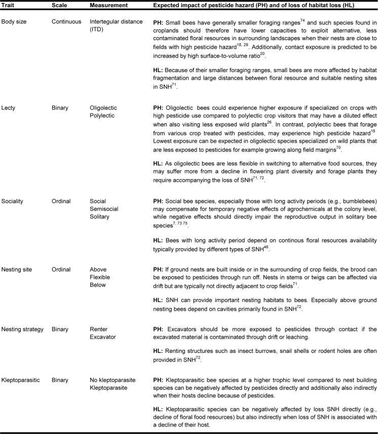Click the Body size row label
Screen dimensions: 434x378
click(13, 22)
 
